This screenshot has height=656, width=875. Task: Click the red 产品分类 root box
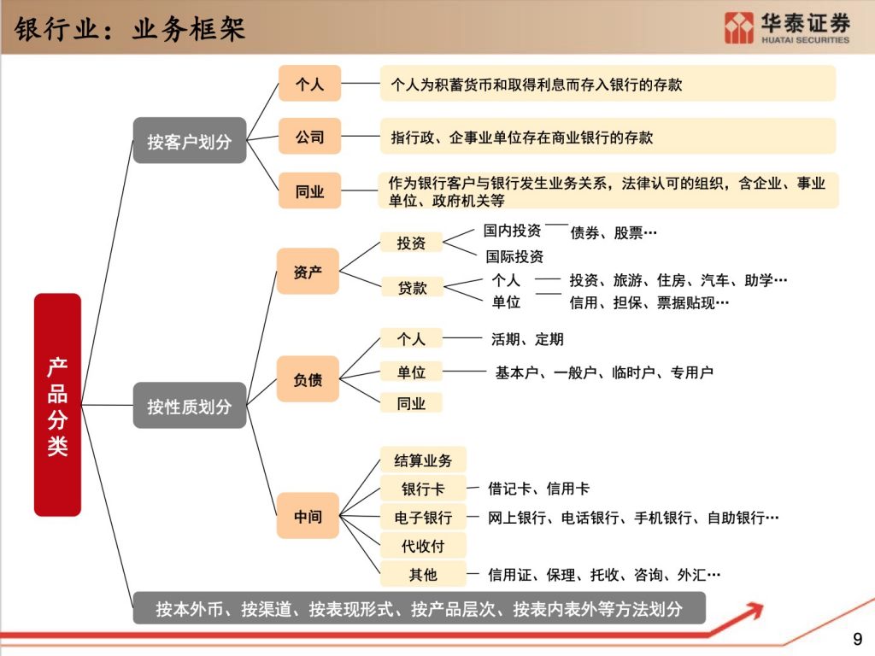[57, 404]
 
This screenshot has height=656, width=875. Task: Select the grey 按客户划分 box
[189, 141]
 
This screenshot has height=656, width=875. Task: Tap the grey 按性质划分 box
[189, 406]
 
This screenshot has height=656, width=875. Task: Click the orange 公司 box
[309, 136]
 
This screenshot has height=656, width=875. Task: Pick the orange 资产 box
[308, 271]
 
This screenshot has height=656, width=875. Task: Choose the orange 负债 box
[308, 379]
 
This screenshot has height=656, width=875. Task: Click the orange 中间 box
[308, 516]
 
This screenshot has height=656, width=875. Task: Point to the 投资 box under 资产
[411, 243]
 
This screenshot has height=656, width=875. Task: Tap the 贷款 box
[413, 287]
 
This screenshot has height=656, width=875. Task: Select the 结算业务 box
[423, 460]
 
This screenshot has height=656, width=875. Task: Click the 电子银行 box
[423, 517]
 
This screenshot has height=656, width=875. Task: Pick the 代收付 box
[423, 546]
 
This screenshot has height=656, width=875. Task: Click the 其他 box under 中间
[423, 574]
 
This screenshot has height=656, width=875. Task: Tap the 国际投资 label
[514, 256]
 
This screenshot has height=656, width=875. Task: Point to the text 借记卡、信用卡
[538, 489]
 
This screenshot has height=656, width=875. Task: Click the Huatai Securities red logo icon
[739, 27]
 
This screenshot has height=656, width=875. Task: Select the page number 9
[858, 639]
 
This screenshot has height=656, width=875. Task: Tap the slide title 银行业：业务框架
[130, 29]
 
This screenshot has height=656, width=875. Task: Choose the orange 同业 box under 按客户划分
[309, 190]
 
